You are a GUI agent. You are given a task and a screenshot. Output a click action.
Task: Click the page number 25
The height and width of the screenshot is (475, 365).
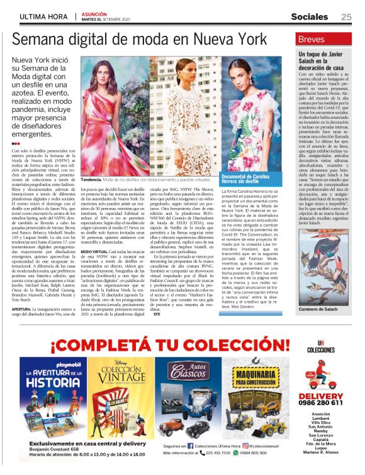(346, 17)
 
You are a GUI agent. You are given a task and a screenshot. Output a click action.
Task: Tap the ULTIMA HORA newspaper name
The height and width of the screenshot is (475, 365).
(44, 17)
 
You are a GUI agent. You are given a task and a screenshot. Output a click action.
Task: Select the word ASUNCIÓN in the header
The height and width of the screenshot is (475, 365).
(93, 13)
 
